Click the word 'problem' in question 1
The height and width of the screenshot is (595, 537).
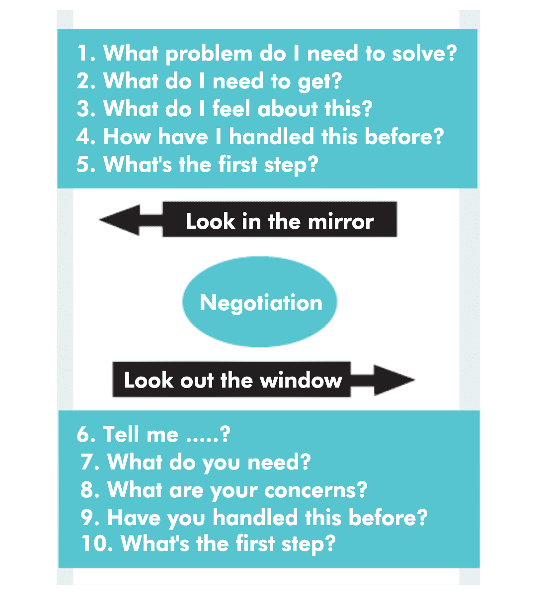pyautogui.click(x=209, y=54)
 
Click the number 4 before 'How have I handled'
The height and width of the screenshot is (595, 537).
pyautogui.click(x=83, y=136)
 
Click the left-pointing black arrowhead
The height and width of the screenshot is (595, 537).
pyautogui.click(x=119, y=220)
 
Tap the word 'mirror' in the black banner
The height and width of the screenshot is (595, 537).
pyautogui.click(x=341, y=221)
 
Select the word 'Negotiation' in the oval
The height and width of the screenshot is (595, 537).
pyautogui.click(x=261, y=302)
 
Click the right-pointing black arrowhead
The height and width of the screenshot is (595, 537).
pyautogui.click(x=394, y=380)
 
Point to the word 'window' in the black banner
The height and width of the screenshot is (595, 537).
pyautogui.click(x=301, y=380)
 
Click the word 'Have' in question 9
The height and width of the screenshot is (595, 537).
pyautogui.click(x=134, y=517)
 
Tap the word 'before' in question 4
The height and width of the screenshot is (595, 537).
pyautogui.click(x=398, y=136)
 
